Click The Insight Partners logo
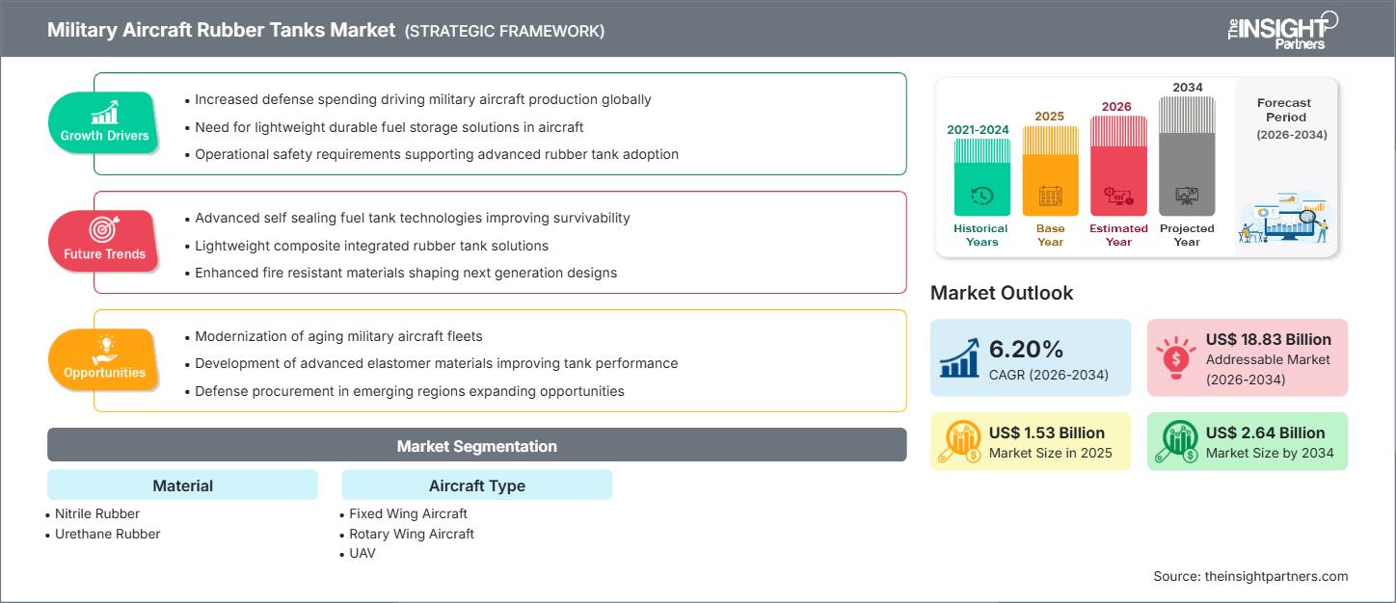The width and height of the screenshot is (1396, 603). pos(1281,30)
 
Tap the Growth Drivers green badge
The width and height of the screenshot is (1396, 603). pos(104,122)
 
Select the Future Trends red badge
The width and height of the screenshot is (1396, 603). pos(104,241)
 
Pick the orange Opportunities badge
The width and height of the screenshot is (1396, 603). pos(104,359)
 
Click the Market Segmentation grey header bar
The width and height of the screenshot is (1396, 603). pos(476,446)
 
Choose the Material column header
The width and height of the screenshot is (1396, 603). pos(182,485)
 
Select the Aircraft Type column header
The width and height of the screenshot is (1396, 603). pos(476,485)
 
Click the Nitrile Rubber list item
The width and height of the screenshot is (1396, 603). pos(96,513)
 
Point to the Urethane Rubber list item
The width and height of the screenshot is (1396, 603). pos(107,534)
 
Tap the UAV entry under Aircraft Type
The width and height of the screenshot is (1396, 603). pos(362,553)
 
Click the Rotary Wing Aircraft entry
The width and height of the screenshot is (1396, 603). pos(411,534)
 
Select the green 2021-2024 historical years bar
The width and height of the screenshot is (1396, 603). pos(981,178)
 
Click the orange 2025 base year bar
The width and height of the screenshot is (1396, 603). pos(1050,171)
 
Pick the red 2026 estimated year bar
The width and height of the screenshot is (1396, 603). pos(1118,166)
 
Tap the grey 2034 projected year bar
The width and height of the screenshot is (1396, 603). pos(1187,156)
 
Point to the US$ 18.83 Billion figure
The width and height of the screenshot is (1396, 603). pos(1268,339)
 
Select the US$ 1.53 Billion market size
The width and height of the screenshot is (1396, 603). pos(1047,433)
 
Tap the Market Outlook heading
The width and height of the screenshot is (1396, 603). pos(1001,293)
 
